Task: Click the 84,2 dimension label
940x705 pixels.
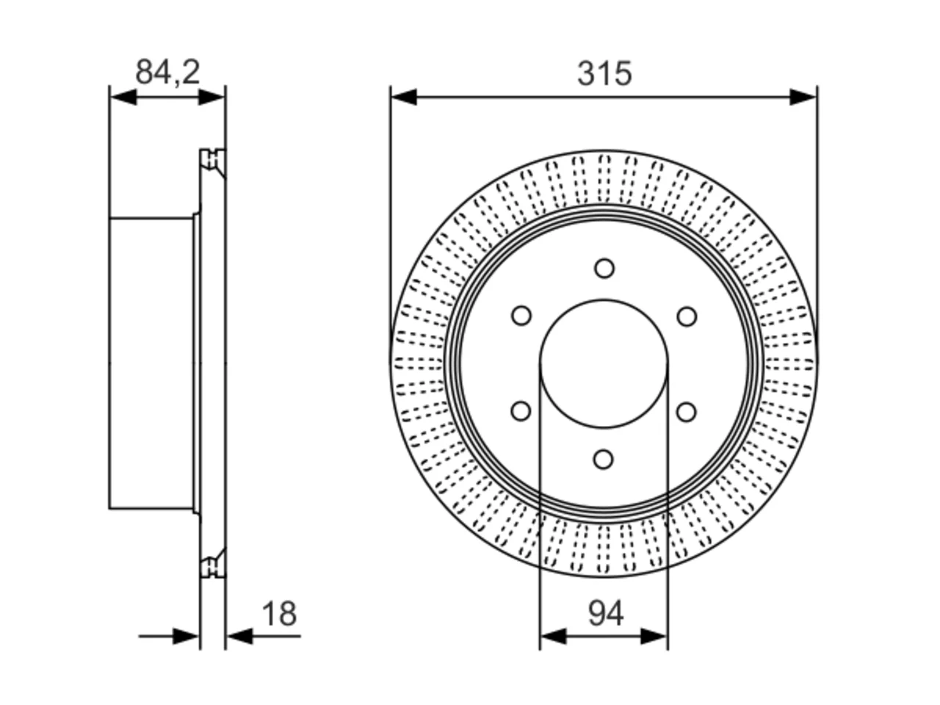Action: coord(167,73)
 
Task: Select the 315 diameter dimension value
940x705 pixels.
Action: coord(604,74)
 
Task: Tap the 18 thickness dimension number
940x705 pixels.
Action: coord(279,613)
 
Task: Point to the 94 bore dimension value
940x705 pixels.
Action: coord(606,613)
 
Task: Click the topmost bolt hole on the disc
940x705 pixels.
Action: coord(604,268)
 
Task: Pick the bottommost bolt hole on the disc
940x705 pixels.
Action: coord(604,459)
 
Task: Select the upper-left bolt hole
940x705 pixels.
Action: coord(521,316)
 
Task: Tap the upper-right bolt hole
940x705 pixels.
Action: coord(687,317)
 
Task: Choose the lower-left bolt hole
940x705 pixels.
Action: coord(521,411)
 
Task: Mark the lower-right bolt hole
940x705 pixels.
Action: coord(687,412)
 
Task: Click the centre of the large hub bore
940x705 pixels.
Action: coord(604,364)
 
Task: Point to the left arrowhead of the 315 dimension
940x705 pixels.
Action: coord(404,97)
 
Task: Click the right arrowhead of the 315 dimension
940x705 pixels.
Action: coord(803,97)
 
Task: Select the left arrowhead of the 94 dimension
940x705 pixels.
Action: coord(553,637)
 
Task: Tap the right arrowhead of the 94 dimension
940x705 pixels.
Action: coord(654,637)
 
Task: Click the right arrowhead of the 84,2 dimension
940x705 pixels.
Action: coord(211,97)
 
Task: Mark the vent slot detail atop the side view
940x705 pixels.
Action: coord(213,162)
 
